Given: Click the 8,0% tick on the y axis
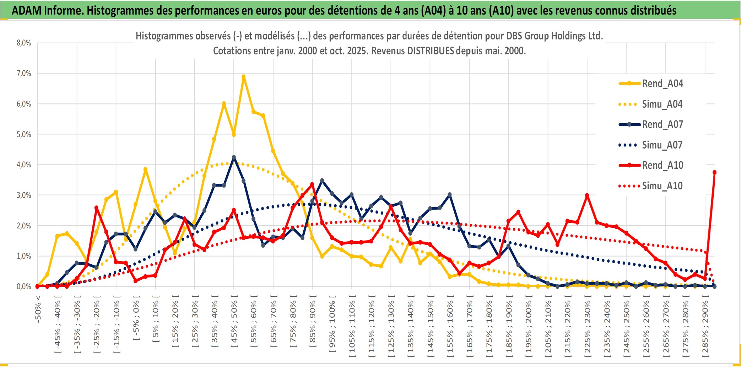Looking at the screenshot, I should pyautogui.click(x=24, y=43).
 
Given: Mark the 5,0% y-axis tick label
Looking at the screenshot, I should pyautogui.click(x=24, y=134).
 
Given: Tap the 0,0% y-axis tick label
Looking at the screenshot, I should pyautogui.click(x=24, y=286).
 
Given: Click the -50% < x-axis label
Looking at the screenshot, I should pyautogui.click(x=38, y=309).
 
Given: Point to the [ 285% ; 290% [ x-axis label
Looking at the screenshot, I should pyautogui.click(x=705, y=329).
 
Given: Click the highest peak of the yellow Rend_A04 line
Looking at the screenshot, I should pyautogui.click(x=244, y=77).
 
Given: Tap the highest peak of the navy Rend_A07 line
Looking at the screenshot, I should pyautogui.click(x=234, y=157).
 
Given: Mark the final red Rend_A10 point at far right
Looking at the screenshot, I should pyautogui.click(x=714, y=172).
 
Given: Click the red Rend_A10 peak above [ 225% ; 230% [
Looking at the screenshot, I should pyautogui.click(x=587, y=195).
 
